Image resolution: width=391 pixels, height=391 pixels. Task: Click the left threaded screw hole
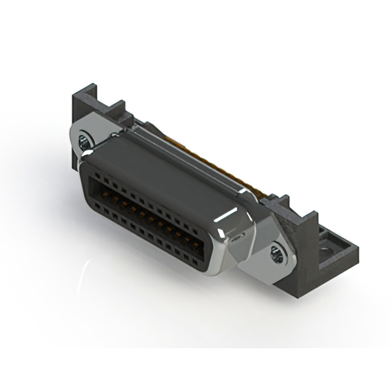[x=84, y=145]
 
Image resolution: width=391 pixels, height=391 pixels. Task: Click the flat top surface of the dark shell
[x=165, y=162]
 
